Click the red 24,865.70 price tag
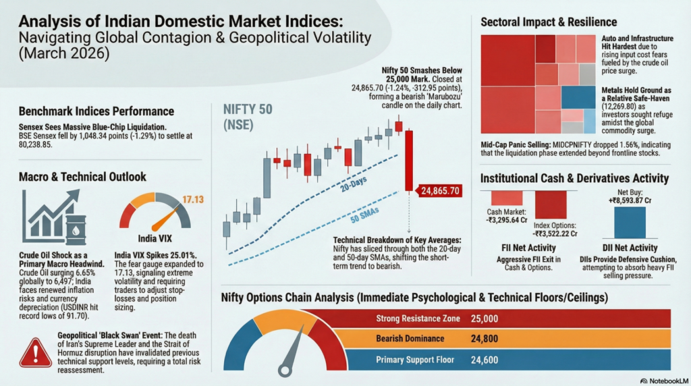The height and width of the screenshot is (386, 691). (x=440, y=191)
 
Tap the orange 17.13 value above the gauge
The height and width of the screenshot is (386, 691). (x=193, y=199)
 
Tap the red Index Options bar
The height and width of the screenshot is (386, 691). (x=551, y=204)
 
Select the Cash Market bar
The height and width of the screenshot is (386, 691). (x=506, y=198)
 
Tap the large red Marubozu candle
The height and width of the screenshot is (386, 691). (x=409, y=161)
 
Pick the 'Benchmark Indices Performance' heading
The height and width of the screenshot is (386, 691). (x=96, y=111)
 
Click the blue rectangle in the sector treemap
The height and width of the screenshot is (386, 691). (x=578, y=97)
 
